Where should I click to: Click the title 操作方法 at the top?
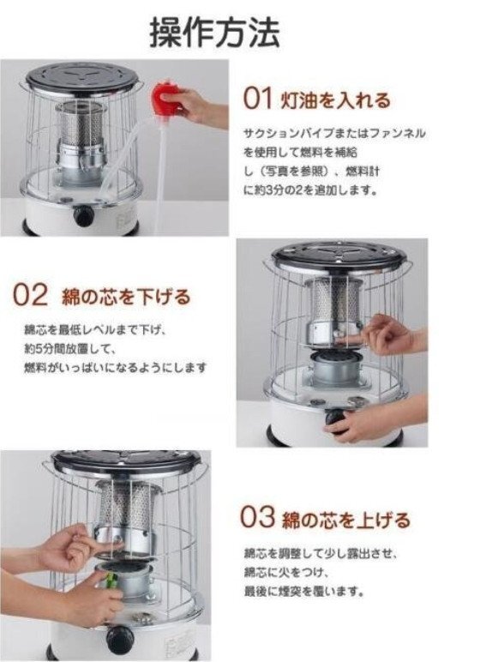pos(215,32)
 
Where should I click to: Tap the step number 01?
pos(257,99)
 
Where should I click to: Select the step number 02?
pos(30,295)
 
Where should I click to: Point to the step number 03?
pos(257,517)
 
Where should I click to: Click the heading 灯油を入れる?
pos(336,100)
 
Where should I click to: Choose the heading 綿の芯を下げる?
pos(126,297)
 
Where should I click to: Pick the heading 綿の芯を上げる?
pos(346,520)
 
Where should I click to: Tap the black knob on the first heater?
pos(83,215)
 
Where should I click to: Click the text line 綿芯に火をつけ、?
pos(286,572)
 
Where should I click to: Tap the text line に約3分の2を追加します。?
pos(310,190)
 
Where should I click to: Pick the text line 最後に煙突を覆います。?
pos(304,591)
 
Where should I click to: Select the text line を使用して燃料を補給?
pos(300,152)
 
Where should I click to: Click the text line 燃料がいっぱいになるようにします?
pos(115,368)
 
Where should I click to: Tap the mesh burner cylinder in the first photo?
pos(79,123)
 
